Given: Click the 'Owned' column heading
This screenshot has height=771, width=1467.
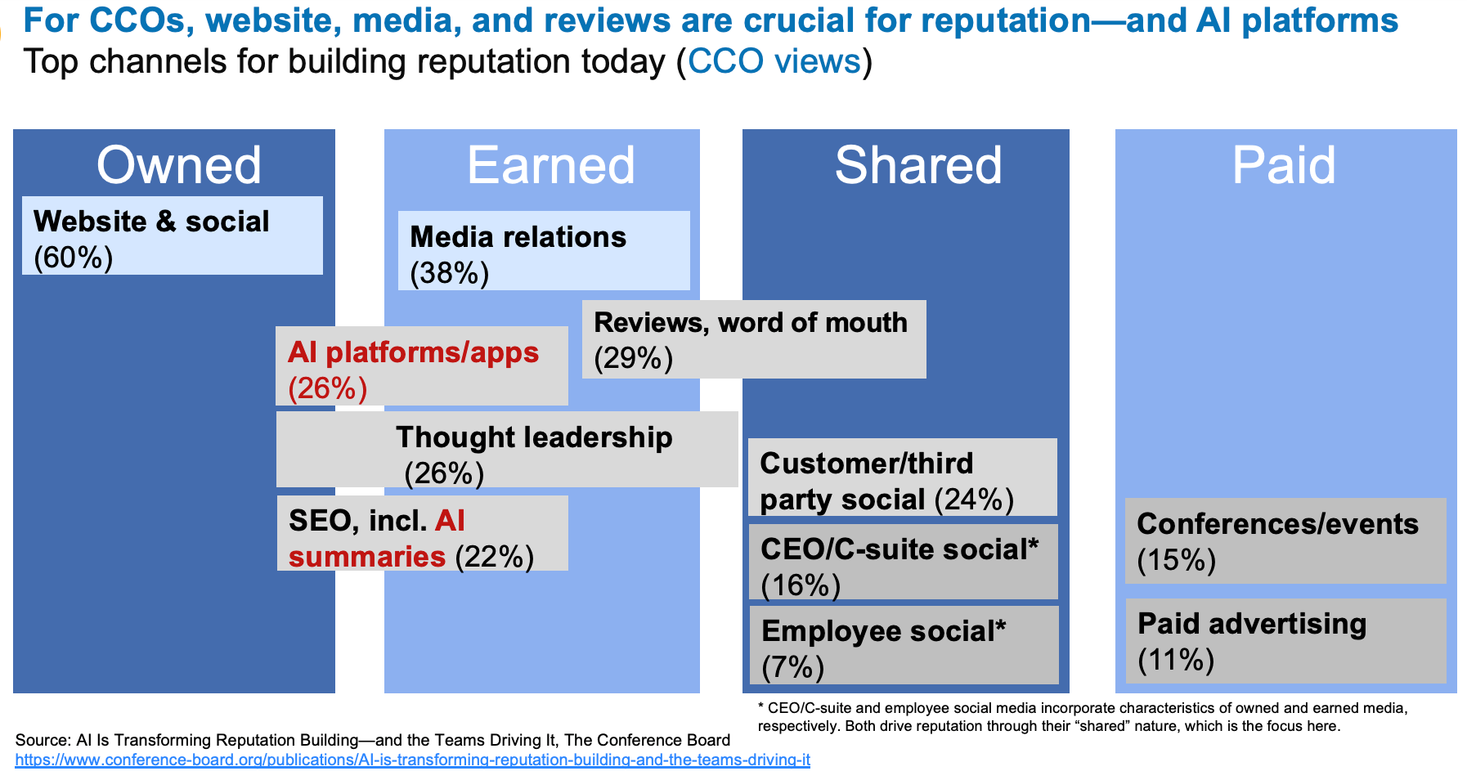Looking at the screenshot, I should click(x=178, y=165).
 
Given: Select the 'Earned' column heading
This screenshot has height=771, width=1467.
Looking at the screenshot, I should click(x=550, y=165).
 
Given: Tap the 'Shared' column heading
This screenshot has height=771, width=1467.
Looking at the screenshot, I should click(x=917, y=165).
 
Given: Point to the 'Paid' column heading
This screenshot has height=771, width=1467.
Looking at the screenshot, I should click(x=1283, y=165).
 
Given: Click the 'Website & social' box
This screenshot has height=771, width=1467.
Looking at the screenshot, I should click(x=172, y=235).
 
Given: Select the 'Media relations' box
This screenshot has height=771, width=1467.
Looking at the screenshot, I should click(x=544, y=251).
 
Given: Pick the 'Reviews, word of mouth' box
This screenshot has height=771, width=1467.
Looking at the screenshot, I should click(x=753, y=339).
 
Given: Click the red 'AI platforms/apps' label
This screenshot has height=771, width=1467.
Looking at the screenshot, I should click(x=413, y=352).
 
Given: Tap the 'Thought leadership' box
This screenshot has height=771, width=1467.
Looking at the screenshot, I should click(x=507, y=450).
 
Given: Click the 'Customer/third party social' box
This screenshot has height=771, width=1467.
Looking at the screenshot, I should click(x=902, y=477).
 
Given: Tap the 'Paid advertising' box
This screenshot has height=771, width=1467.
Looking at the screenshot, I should click(x=1285, y=641).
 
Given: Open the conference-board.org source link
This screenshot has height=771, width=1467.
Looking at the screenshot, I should click(x=412, y=760).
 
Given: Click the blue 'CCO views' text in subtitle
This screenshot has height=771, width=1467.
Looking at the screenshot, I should click(x=774, y=62).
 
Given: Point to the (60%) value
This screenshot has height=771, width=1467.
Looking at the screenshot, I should click(x=73, y=258).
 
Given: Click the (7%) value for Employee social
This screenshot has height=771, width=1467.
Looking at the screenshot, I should click(x=792, y=668).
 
